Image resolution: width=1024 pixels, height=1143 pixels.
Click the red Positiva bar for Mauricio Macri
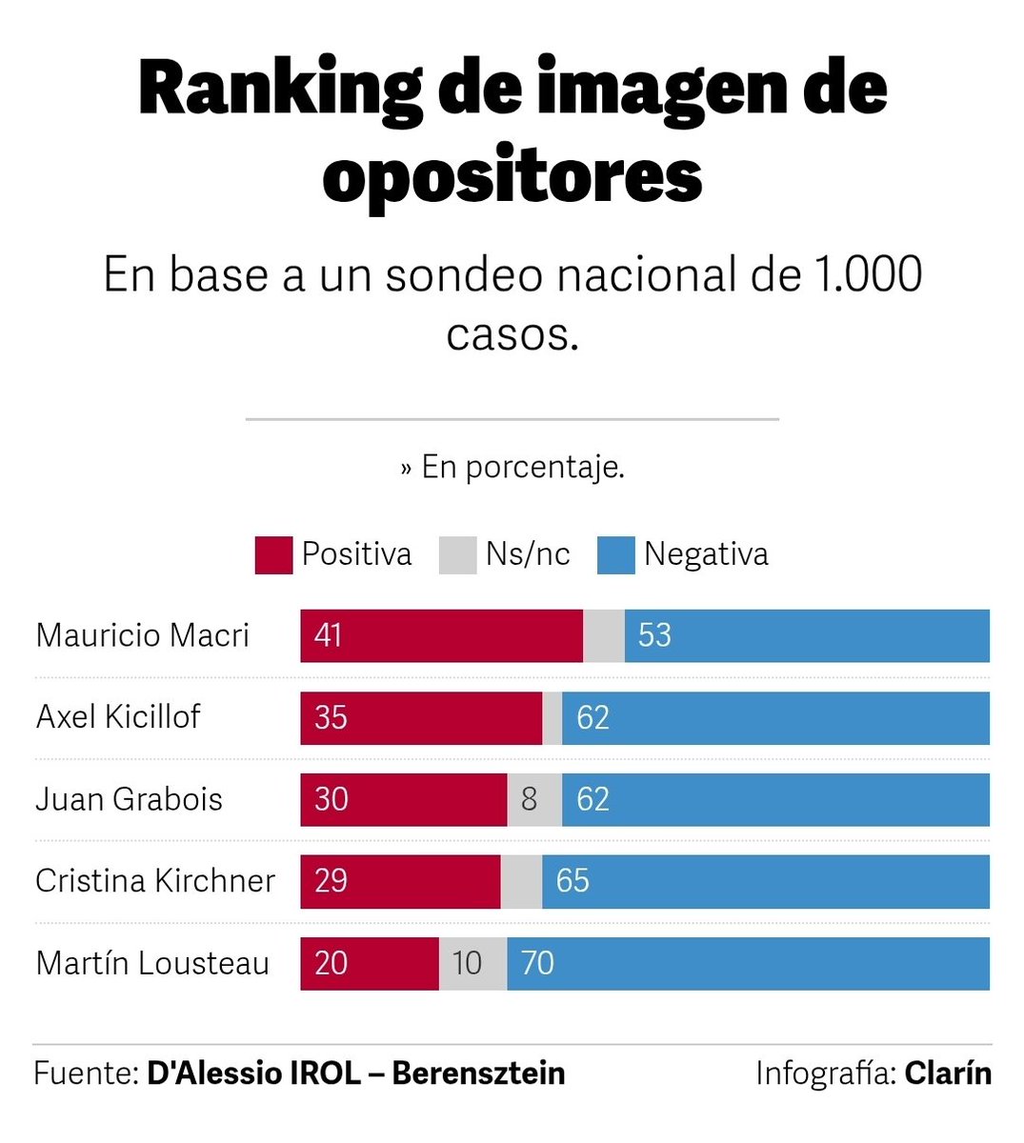(x=441, y=635)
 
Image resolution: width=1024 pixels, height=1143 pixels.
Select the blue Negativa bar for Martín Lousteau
(x=748, y=963)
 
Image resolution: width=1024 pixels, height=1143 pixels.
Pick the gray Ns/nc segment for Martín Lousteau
(x=472, y=963)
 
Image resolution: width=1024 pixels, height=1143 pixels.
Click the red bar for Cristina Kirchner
(x=400, y=881)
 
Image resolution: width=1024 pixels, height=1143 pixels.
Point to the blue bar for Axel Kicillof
(x=775, y=717)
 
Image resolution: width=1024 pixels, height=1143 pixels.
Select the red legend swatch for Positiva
(x=273, y=555)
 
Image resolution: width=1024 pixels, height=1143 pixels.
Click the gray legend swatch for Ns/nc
(x=457, y=555)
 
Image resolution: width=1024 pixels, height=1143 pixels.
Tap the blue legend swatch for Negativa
(x=615, y=555)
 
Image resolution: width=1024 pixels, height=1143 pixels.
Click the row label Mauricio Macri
(x=143, y=635)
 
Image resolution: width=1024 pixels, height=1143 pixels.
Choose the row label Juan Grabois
(x=129, y=799)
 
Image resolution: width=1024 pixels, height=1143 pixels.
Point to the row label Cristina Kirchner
(x=155, y=881)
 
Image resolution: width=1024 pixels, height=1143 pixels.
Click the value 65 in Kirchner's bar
(x=572, y=881)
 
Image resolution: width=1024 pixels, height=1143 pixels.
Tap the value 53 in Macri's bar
(x=654, y=635)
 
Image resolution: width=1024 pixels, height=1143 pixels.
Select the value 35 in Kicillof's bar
(x=331, y=717)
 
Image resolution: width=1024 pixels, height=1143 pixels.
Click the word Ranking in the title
(x=279, y=89)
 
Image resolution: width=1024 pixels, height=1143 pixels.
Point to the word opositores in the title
(x=512, y=176)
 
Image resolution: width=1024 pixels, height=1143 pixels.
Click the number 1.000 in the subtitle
(x=868, y=275)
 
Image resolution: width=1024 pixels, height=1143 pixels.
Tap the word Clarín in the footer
(x=948, y=1073)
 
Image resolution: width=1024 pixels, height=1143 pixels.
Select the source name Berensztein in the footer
(x=478, y=1073)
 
